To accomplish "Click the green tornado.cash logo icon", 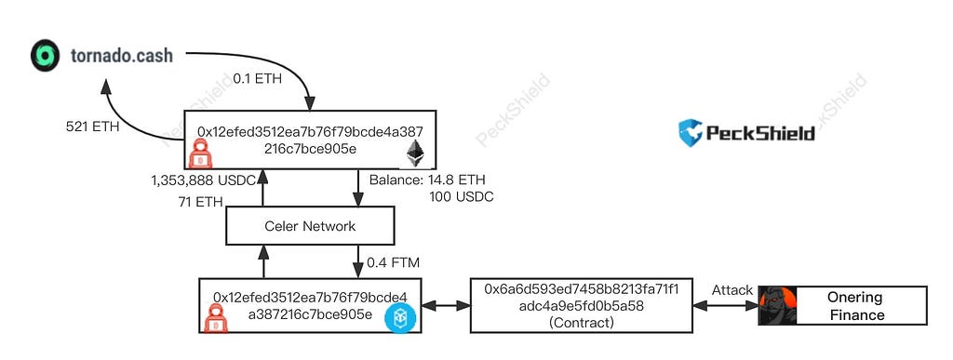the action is click(45, 55).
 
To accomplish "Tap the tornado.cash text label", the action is click(122, 56).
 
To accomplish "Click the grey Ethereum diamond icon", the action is click(415, 153).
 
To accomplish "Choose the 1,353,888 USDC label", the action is click(204, 180).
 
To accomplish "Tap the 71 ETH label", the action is click(201, 202).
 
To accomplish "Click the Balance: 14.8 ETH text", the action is click(427, 180).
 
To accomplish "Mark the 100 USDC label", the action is click(461, 196).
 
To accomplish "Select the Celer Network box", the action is click(310, 226).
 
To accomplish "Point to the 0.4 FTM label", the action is click(393, 263).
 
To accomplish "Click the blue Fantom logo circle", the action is click(399, 317).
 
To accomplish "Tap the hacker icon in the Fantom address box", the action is click(215, 318).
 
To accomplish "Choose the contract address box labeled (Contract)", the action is click(582, 305).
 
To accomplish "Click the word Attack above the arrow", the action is click(732, 290).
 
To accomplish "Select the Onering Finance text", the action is click(855, 306).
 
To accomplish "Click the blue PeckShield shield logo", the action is click(690, 133).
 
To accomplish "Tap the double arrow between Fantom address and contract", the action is click(446, 305).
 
